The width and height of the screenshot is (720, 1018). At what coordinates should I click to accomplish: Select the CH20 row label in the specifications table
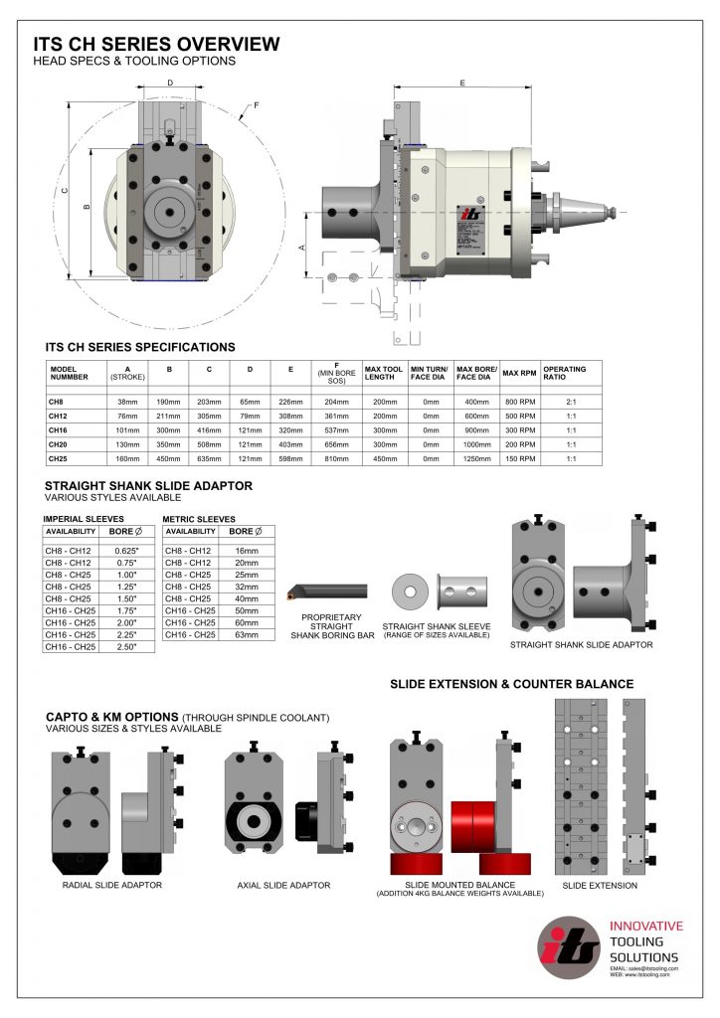coord(57,443)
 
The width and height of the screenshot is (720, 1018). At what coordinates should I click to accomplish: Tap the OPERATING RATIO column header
coord(564,373)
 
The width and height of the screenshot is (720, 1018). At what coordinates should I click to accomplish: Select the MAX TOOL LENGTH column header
coord(382,373)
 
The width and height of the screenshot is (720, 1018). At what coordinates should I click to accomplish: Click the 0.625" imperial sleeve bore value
coord(124,551)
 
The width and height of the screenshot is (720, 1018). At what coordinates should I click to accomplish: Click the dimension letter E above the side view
coord(462,84)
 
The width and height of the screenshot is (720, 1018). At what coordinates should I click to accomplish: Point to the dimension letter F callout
coord(256,105)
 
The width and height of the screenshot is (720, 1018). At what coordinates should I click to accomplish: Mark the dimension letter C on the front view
coord(64,192)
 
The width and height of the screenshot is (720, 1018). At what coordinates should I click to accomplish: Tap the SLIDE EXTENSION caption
coord(600,885)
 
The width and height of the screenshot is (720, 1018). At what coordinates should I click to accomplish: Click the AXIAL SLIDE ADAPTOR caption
coord(283,885)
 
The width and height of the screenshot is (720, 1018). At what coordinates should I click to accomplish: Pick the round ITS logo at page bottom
coord(568,948)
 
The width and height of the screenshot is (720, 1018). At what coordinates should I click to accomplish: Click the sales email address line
coord(644,967)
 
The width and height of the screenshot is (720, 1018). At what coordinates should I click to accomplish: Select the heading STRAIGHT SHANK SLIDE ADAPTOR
coord(148,486)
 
